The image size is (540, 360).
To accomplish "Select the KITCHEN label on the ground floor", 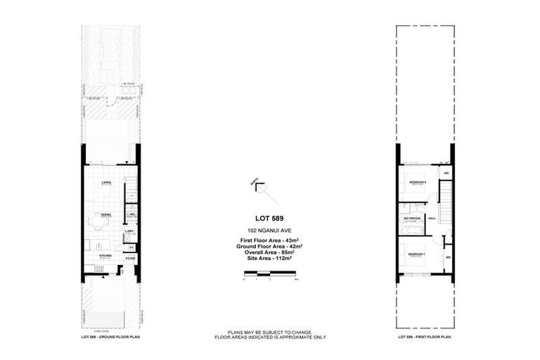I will [x=105, y=256].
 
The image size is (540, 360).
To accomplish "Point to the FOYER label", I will [x=130, y=258].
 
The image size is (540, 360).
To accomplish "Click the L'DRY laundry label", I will [x=130, y=231].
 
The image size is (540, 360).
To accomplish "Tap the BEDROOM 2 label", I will [x=418, y=182].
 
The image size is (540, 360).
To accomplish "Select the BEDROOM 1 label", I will [x=418, y=252].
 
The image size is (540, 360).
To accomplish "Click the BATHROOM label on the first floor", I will [x=412, y=218].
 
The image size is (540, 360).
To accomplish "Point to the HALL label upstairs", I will [x=432, y=218].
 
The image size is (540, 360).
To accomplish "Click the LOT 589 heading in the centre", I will [x=269, y=218].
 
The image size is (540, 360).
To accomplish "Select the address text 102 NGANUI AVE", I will [x=269, y=231].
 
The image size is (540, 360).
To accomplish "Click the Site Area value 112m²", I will [x=269, y=259].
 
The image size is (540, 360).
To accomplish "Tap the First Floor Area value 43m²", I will [x=269, y=242].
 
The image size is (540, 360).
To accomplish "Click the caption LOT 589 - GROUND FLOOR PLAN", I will [x=112, y=337].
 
